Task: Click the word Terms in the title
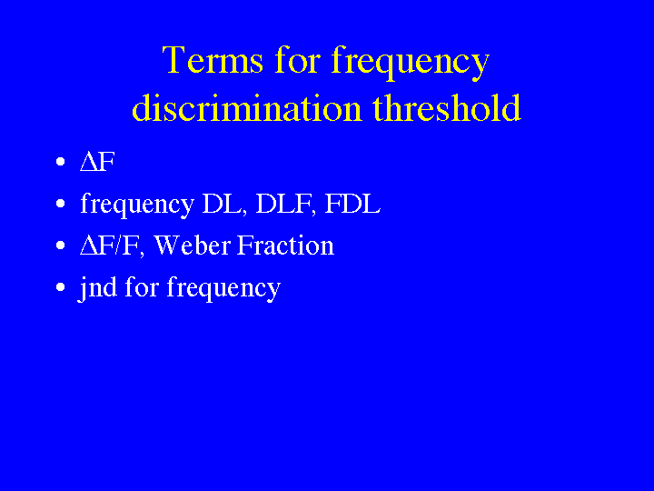213,60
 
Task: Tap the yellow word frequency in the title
411,63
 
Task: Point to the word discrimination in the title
246,107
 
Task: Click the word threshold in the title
447,107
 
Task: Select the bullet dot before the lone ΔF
61,162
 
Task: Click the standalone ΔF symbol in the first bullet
97,162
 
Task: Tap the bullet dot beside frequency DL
61,204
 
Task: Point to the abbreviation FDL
352,204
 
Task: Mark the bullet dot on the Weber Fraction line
61,245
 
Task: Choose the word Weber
192,245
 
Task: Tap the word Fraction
286,245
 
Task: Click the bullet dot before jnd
61,286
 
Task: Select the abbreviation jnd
97,287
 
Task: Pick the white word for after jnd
142,286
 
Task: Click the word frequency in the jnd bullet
223,289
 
